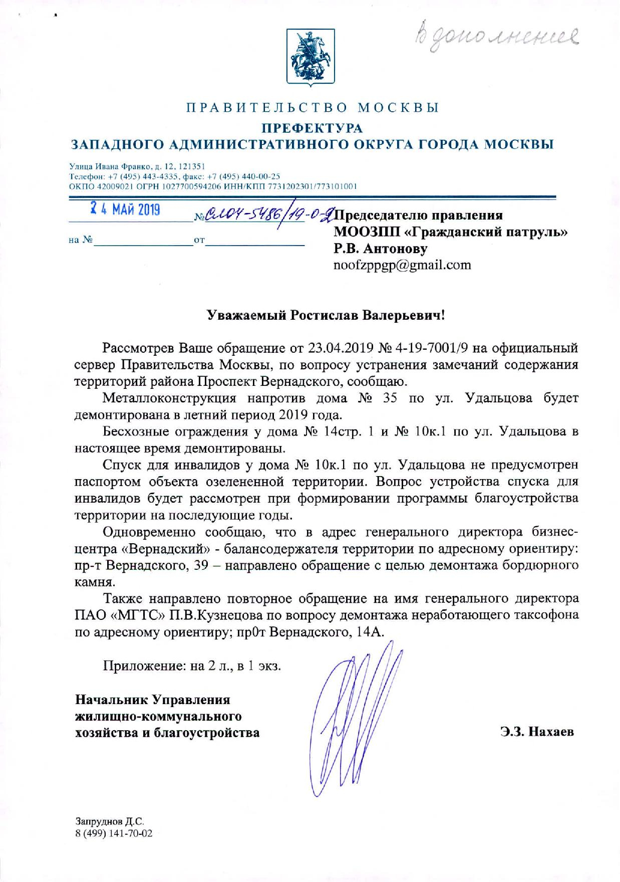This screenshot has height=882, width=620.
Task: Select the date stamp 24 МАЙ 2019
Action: (124, 208)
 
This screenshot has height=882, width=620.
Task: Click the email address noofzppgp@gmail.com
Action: (402, 265)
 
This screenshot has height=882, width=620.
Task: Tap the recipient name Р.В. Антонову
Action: (380, 249)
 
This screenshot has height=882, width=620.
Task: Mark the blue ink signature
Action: (353, 722)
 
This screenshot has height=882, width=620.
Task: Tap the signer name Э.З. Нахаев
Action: (536, 732)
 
